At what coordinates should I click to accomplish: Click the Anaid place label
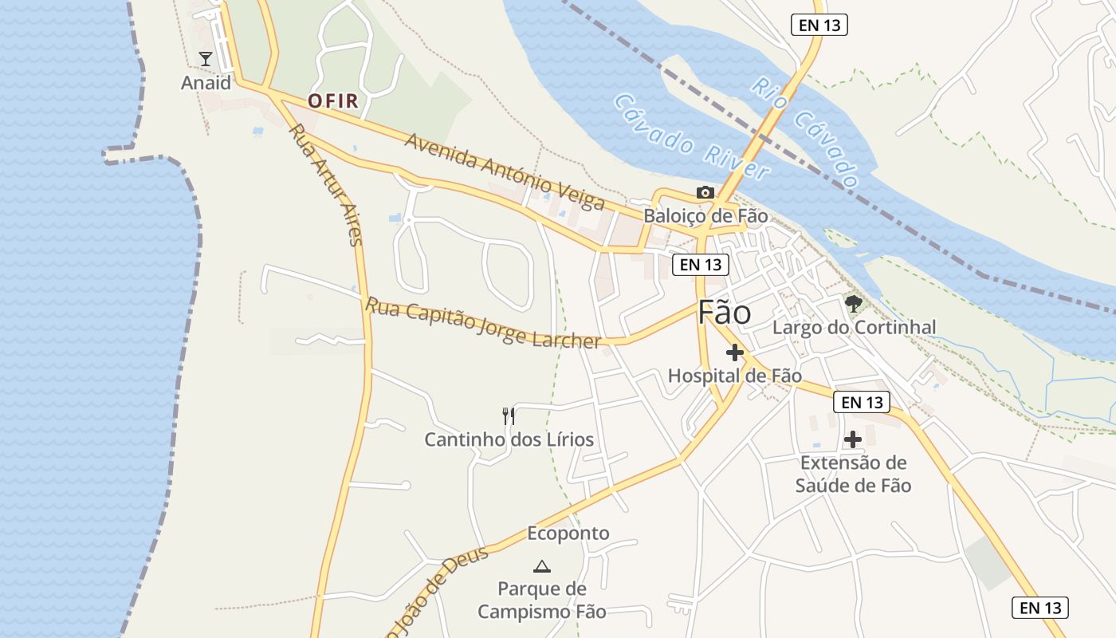click(206, 83)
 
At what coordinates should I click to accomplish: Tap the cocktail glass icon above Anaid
click(206, 58)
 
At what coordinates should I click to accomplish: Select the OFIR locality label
click(333, 101)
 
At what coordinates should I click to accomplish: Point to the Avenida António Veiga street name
click(504, 171)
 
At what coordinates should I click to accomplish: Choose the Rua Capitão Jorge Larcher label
click(482, 323)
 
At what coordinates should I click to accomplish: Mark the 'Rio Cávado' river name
click(806, 132)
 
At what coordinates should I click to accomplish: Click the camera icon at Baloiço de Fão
click(705, 192)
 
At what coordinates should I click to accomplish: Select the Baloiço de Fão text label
click(705, 215)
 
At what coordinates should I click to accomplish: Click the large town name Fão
click(724, 313)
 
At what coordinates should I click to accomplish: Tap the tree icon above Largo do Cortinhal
click(854, 303)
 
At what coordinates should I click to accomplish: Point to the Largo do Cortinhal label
click(854, 327)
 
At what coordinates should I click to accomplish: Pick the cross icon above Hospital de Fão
click(734, 352)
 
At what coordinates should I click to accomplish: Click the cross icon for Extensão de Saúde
click(853, 439)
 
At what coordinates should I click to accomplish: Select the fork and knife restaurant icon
click(509, 415)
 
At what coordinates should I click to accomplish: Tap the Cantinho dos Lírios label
click(509, 439)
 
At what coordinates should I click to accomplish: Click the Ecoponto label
click(568, 534)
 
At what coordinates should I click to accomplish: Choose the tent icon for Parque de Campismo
click(542, 566)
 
